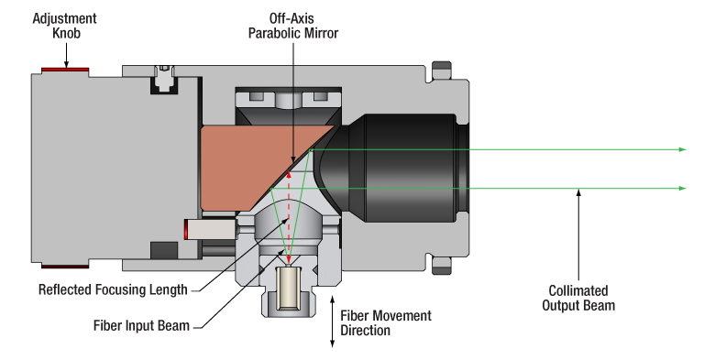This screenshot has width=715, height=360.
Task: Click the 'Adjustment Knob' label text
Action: [65, 25]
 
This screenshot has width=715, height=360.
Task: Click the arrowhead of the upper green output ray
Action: [681, 148]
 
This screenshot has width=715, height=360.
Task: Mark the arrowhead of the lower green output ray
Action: [681, 188]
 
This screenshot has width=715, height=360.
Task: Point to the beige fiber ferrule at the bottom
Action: [291, 283]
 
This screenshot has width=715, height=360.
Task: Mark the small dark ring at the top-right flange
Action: [441, 68]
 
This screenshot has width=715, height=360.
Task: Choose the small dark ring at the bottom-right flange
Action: [441, 267]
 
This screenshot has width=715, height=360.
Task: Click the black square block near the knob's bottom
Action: [162, 249]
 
